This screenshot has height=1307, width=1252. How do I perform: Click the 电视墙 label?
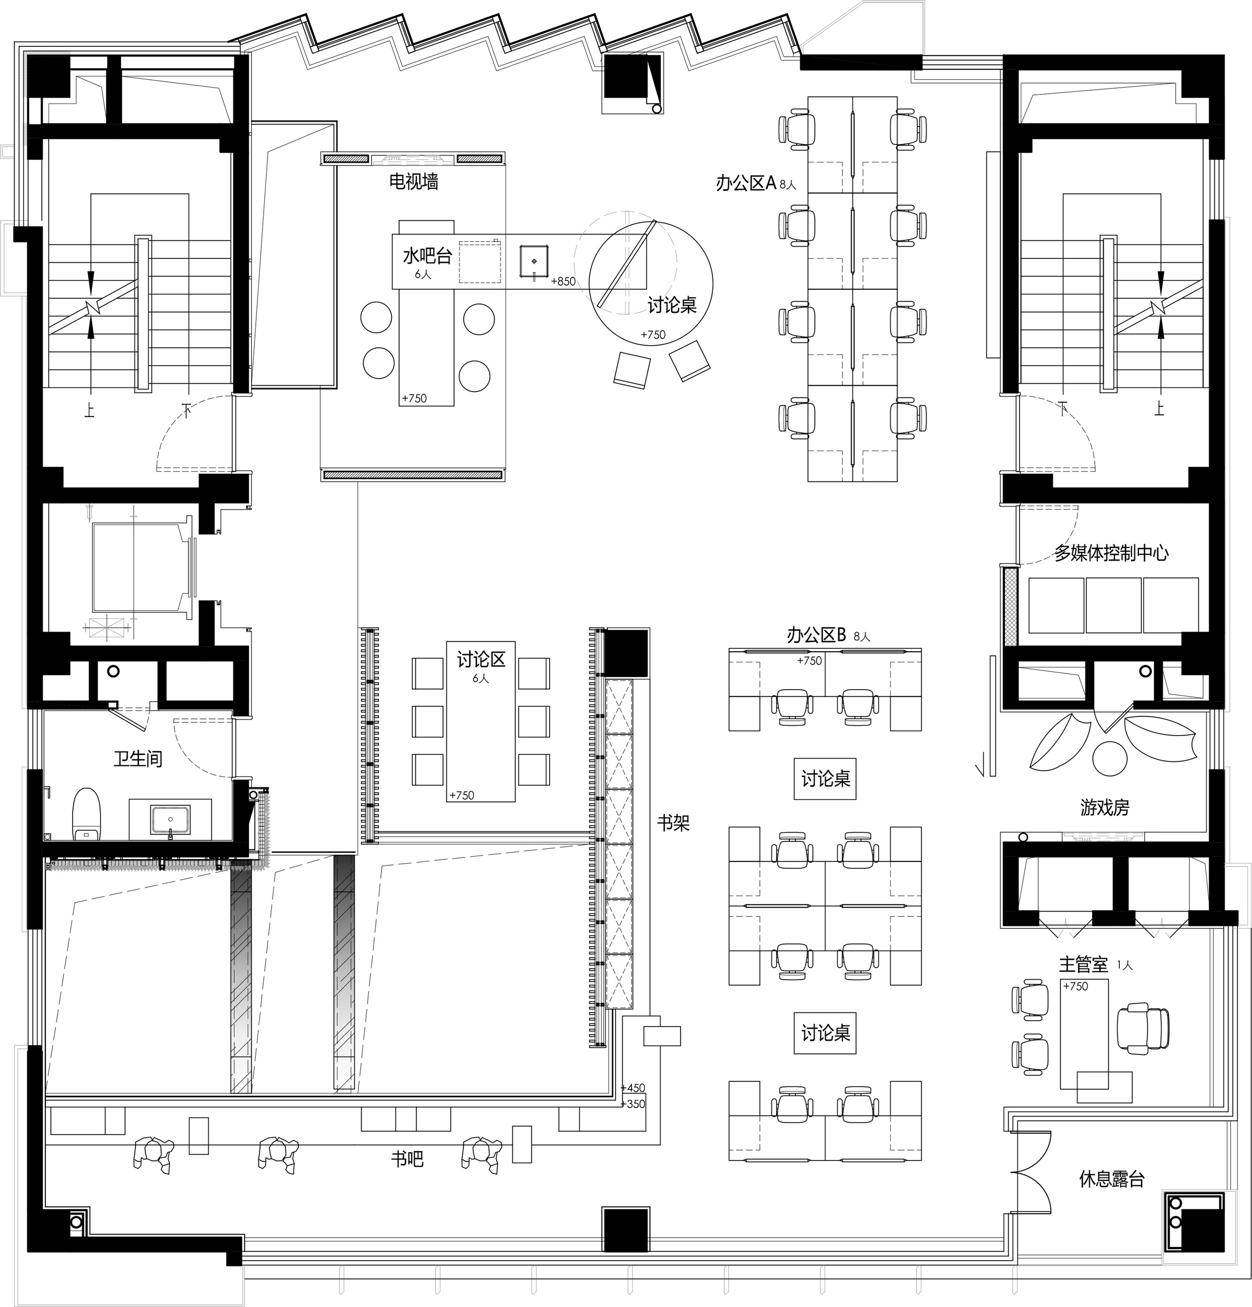point(413,181)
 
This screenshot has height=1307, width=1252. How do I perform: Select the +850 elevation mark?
point(563,281)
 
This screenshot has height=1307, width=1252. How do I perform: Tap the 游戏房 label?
point(1105,808)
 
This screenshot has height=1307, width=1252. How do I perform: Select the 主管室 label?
point(1083,964)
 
